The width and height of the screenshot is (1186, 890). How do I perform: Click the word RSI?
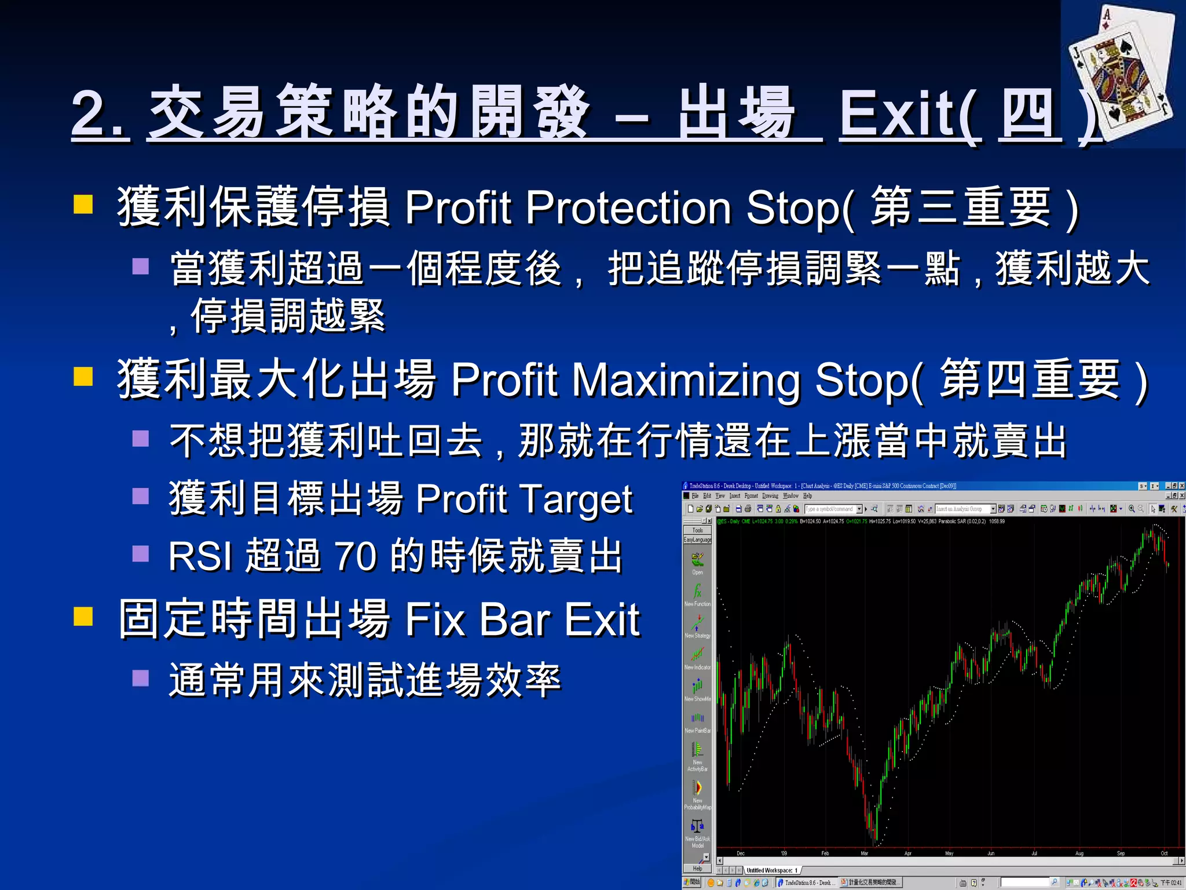click(x=200, y=556)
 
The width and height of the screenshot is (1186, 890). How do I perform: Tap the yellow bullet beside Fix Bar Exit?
click(x=83, y=617)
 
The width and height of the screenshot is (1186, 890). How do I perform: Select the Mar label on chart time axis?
click(x=864, y=853)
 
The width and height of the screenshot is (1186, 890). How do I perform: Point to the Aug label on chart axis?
click(x=1079, y=853)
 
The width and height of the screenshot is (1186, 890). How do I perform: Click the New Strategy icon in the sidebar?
click(x=697, y=623)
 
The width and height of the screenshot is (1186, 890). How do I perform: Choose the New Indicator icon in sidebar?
click(x=697, y=655)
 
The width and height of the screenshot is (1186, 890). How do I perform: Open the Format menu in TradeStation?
click(x=751, y=496)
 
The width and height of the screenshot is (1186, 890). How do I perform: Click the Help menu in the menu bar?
click(x=807, y=496)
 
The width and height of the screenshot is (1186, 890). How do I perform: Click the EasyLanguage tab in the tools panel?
click(x=697, y=539)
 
